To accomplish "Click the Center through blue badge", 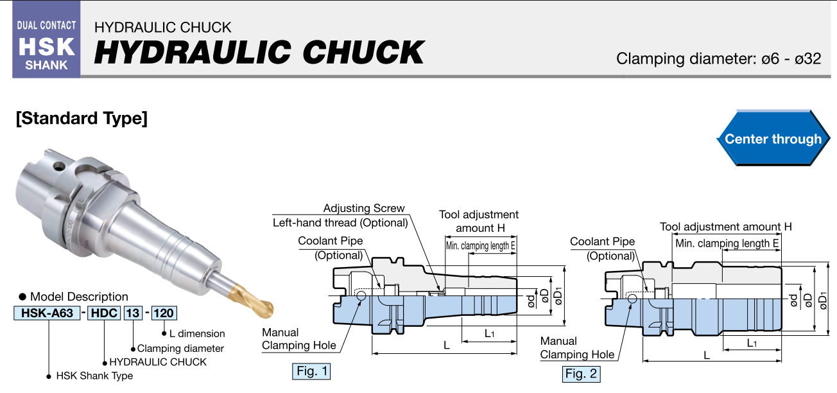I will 772,139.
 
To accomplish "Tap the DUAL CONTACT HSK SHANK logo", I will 46,44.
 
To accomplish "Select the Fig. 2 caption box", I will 581,373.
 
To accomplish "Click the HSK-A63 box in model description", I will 46,313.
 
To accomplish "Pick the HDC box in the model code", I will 103,313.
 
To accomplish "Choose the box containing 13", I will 133,313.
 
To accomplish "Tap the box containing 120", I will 164,313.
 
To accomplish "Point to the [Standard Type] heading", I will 82,119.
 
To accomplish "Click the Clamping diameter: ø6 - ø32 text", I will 718,59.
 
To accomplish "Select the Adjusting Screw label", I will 364,208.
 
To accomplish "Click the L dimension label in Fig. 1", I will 446,345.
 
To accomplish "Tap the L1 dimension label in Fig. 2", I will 752,344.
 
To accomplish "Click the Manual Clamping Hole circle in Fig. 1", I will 361,295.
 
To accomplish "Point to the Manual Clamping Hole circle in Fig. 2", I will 633,299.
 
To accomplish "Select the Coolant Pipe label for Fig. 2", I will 602,242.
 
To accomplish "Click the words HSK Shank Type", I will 94,376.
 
